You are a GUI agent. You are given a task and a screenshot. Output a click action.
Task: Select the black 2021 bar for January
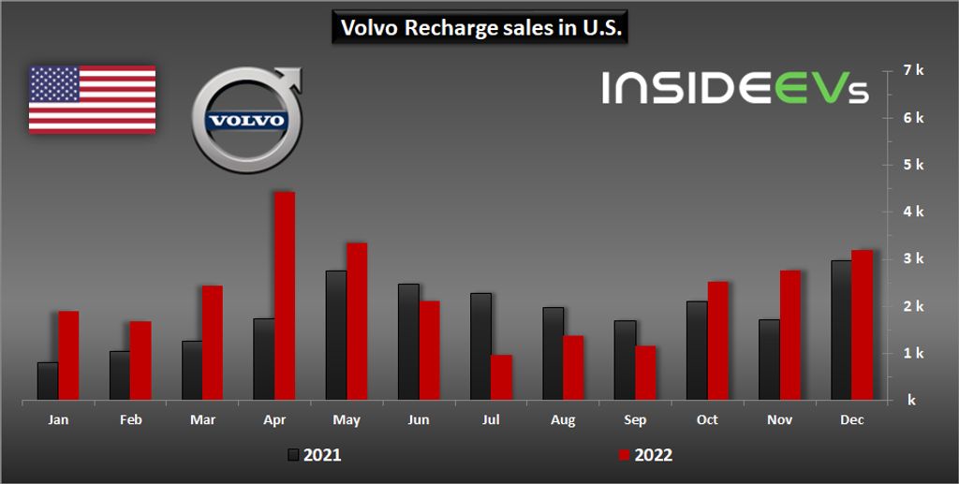coord(48,381)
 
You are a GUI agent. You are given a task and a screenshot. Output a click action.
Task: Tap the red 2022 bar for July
coord(501,377)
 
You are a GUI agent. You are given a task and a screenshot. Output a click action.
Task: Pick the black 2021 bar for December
coord(841,330)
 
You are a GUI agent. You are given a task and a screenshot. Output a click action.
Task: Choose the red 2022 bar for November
coord(789,335)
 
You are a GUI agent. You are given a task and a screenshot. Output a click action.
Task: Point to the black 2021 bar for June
coord(408,342)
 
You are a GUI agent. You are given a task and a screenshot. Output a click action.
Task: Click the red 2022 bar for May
coord(357,321)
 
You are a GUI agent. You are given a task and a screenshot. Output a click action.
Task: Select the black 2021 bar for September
coord(625,360)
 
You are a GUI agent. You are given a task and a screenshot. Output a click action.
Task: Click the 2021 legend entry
coord(314,456)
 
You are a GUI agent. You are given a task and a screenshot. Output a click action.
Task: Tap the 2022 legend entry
coord(644,456)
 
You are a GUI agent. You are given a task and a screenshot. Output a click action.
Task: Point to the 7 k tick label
coord(913,70)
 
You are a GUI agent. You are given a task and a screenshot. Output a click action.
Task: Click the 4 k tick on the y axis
coord(913,212)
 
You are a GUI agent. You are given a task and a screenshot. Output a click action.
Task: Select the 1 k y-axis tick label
coord(913,353)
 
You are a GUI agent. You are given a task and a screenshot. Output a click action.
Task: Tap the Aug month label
coord(563,420)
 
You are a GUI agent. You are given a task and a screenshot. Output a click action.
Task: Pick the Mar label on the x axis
coord(202,420)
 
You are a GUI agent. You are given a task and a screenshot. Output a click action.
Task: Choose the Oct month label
coord(707,420)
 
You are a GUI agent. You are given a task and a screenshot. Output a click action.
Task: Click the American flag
coord(92,99)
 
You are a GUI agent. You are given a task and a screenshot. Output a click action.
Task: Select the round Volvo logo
coord(246,121)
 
